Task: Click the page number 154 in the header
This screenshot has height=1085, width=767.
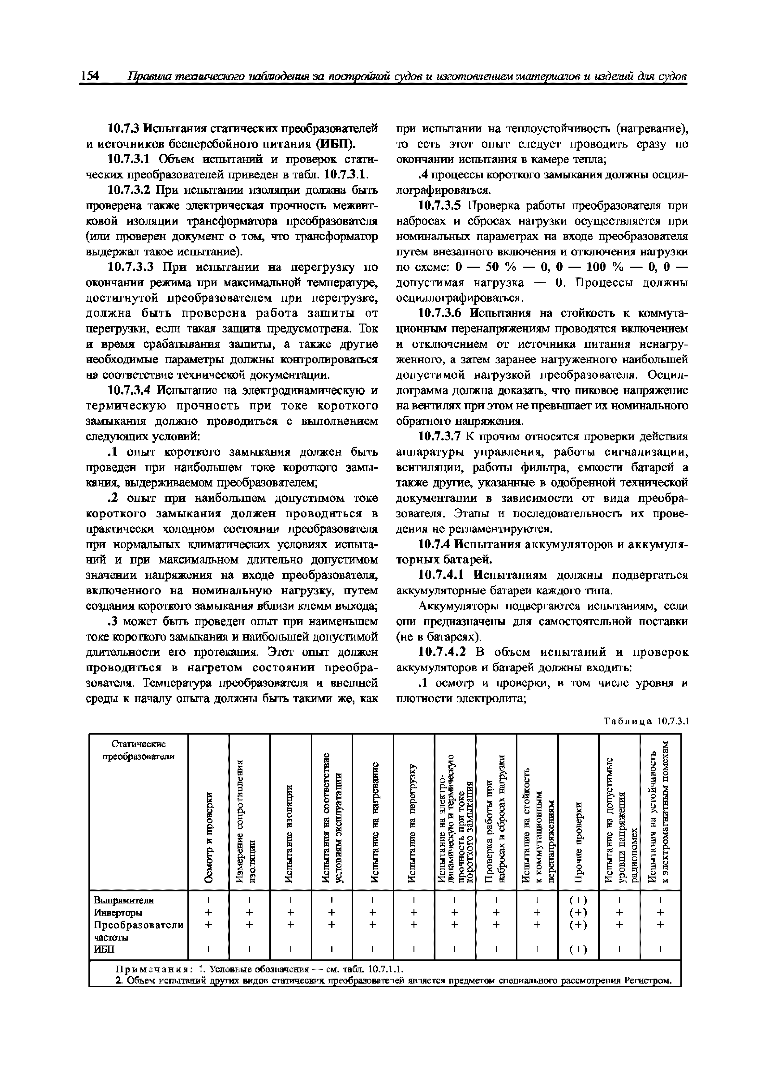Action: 89,75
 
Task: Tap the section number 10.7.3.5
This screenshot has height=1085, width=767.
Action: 442,206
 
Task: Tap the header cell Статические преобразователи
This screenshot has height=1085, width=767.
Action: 139,750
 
